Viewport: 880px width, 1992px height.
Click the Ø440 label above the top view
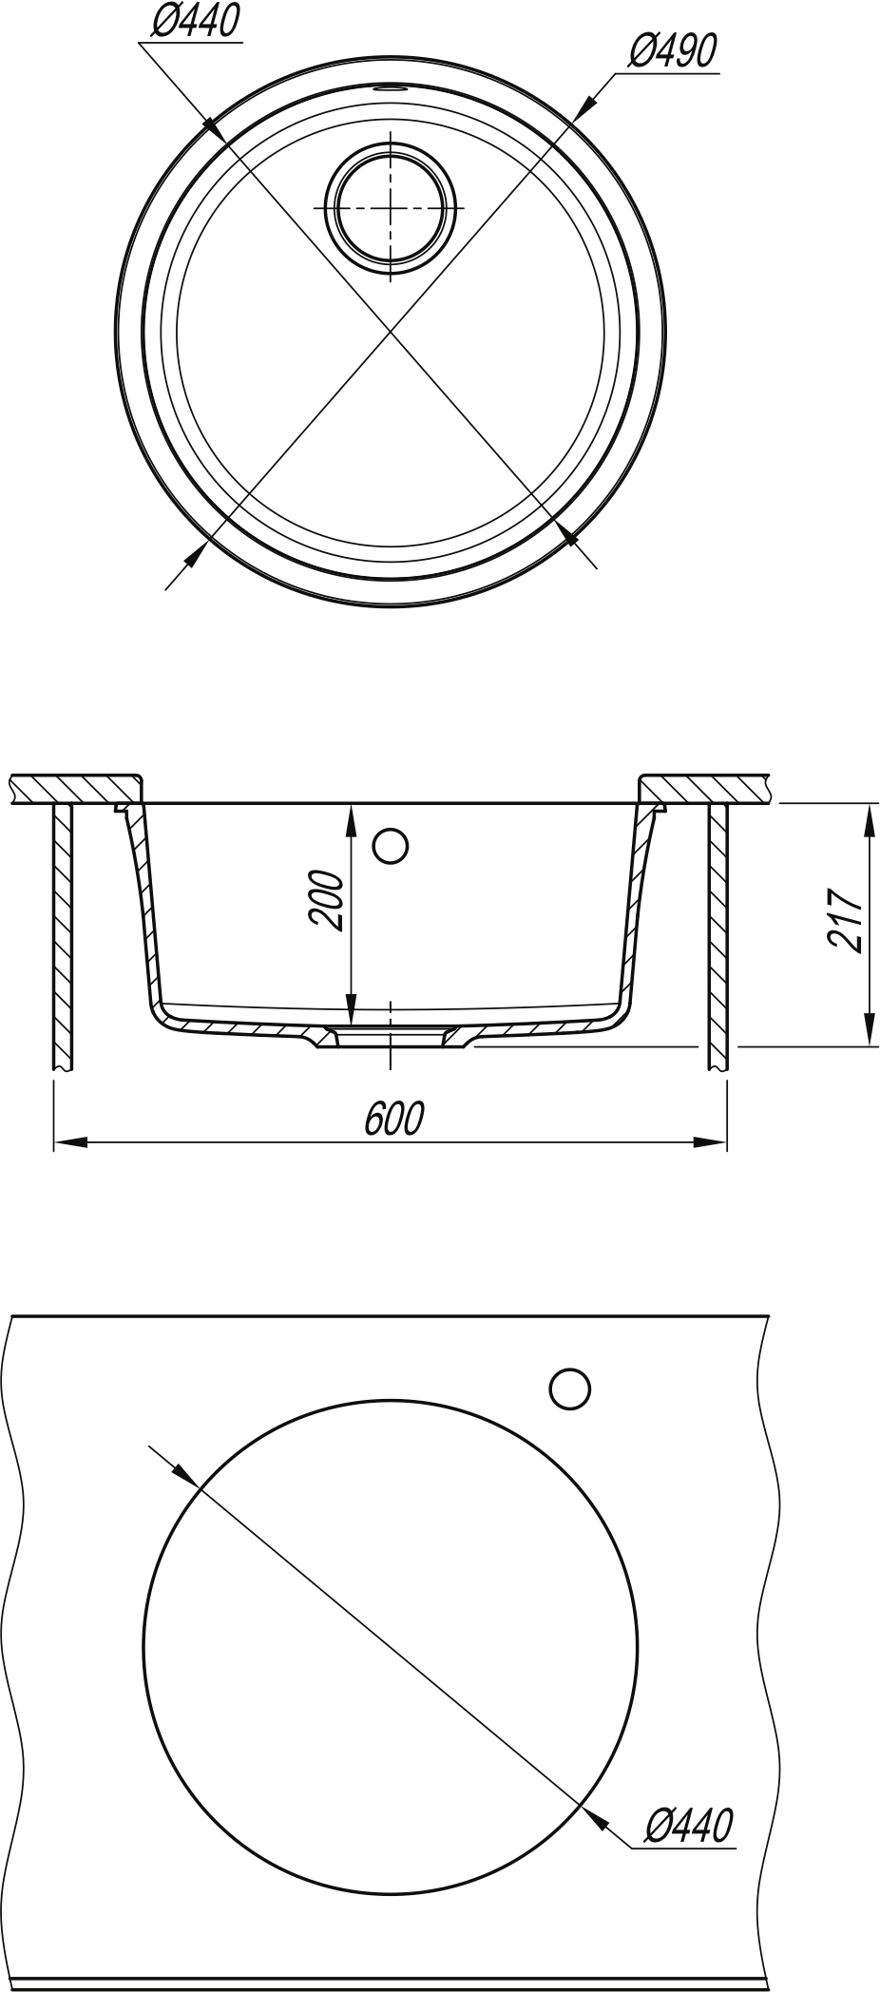coord(196,21)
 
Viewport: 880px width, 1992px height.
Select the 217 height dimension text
coord(845,921)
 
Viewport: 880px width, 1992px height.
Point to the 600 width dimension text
coord(393,1120)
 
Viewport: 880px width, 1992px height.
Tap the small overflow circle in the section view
coord(391,845)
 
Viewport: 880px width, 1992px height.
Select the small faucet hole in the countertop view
coord(569,1389)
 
